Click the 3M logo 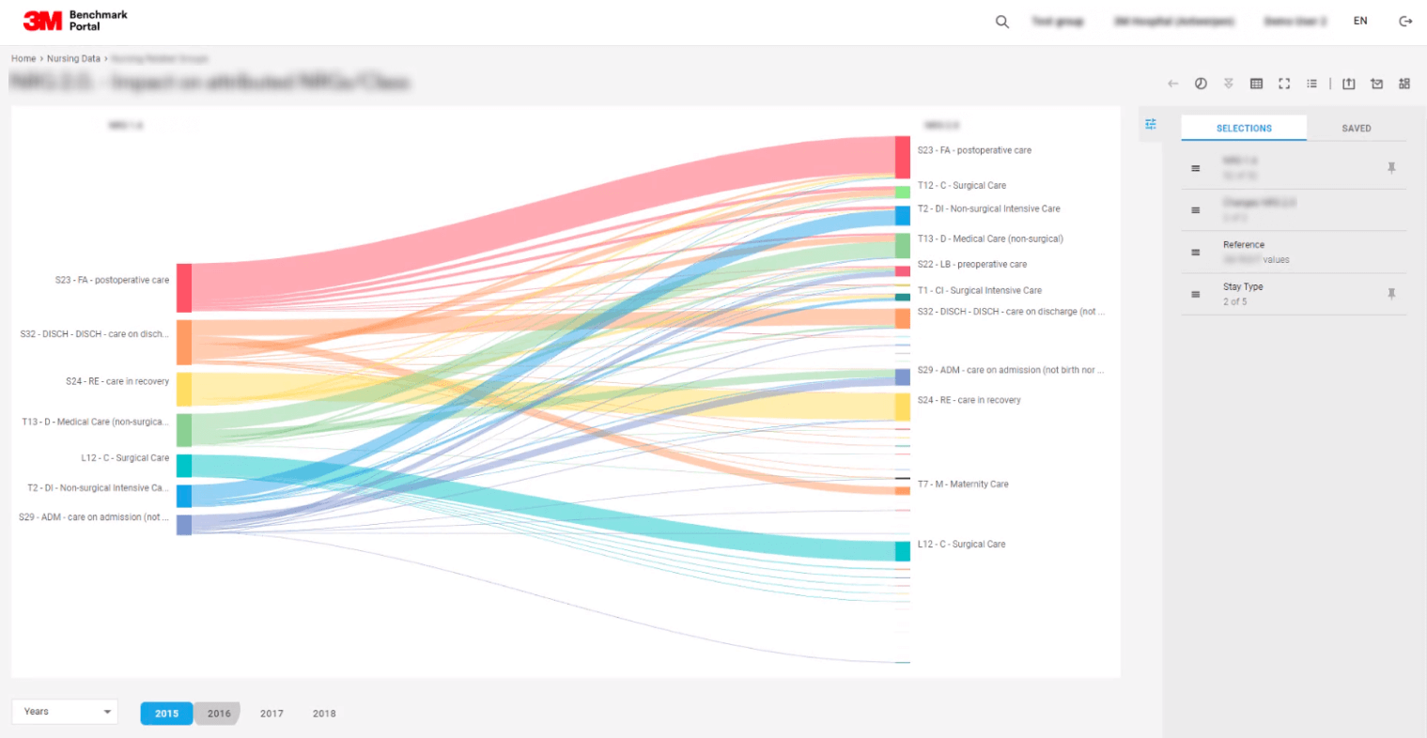click(x=42, y=21)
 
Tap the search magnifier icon click(x=1002, y=22)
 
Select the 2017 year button click(x=271, y=714)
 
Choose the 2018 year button click(x=324, y=714)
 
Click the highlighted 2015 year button click(x=166, y=714)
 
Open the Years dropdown click(x=65, y=712)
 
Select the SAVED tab click(x=1356, y=129)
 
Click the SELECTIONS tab click(x=1244, y=129)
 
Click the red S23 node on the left click(x=184, y=287)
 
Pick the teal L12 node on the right click(x=902, y=551)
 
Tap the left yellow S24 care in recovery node click(x=184, y=389)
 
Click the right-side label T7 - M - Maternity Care click(x=963, y=484)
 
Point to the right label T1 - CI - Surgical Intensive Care click(x=979, y=291)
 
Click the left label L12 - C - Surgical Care click(x=125, y=458)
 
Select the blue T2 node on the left click(x=184, y=496)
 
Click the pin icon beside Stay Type click(x=1391, y=294)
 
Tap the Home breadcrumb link click(x=23, y=59)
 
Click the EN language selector click(x=1360, y=22)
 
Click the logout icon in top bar click(x=1405, y=22)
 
